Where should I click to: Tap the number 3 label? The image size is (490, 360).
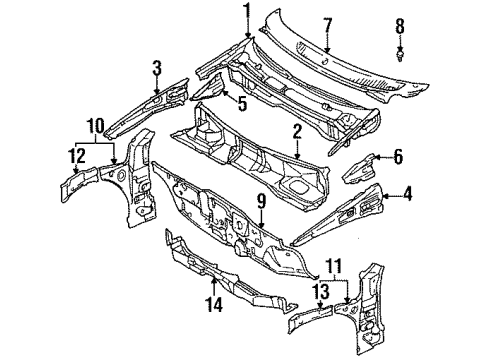pyautogui.click(x=157, y=68)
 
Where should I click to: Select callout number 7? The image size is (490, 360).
pyautogui.click(x=327, y=24)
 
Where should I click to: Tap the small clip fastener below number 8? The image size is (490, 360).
pyautogui.click(x=401, y=55)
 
